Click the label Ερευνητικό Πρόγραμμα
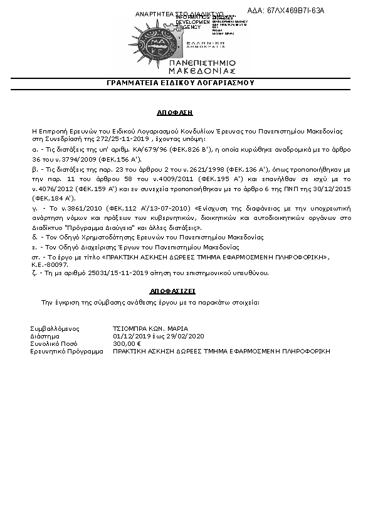coord(66,352)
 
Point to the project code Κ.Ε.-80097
coord(53,265)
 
